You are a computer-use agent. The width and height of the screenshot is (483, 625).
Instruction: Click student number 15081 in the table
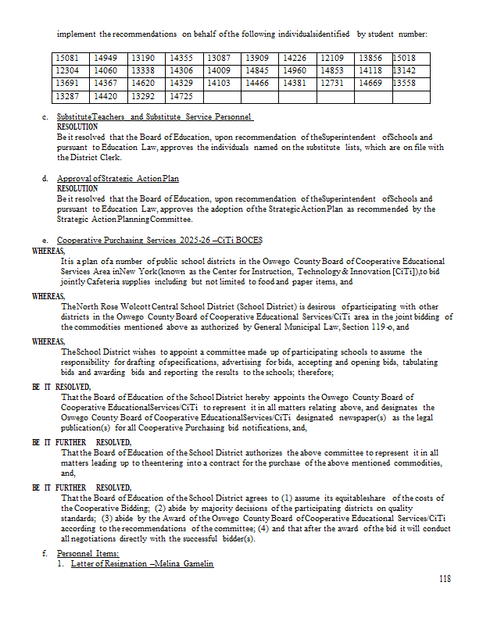(x=67, y=58)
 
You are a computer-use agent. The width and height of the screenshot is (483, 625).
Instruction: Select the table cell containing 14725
(x=181, y=96)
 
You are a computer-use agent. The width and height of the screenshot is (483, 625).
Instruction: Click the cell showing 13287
(x=67, y=96)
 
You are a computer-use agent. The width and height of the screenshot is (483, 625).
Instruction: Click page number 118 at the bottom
(x=445, y=579)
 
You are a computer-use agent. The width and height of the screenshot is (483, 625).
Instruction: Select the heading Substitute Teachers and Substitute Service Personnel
(x=155, y=116)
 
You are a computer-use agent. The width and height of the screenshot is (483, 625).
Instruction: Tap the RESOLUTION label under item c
(x=77, y=126)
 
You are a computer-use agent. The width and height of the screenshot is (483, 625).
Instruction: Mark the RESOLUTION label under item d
(x=77, y=188)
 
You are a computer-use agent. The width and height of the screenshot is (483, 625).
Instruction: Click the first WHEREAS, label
(x=49, y=251)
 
